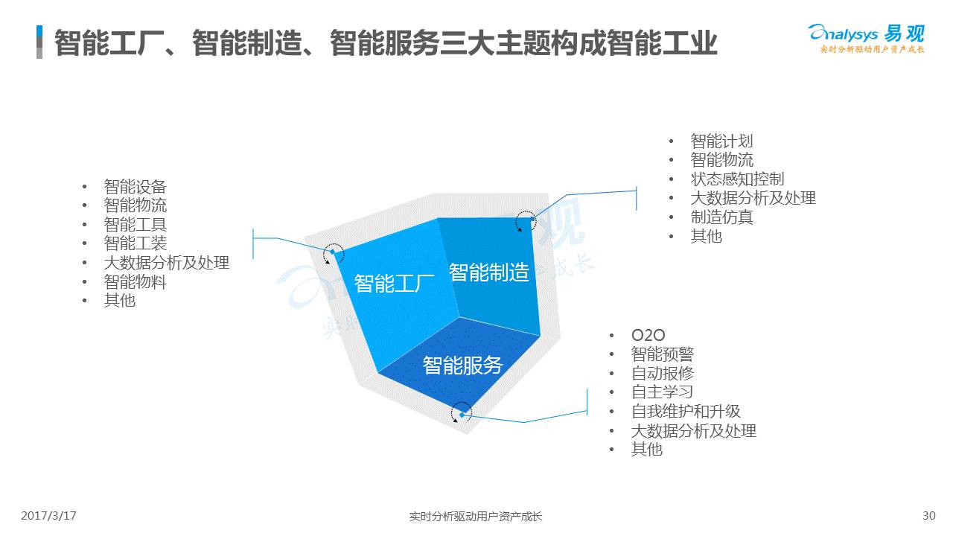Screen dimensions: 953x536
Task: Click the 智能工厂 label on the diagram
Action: [x=394, y=284]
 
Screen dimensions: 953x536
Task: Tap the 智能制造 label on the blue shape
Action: [x=489, y=272]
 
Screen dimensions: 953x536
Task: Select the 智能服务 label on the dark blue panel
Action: [x=462, y=365]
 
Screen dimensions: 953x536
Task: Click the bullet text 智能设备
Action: [x=136, y=187]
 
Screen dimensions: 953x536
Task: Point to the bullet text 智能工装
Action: [x=136, y=243]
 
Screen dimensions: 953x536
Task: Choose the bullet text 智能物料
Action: [x=136, y=281]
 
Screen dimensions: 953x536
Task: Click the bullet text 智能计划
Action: [x=721, y=141]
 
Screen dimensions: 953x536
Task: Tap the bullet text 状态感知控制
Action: [x=737, y=179]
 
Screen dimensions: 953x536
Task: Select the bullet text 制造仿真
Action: [x=721, y=217]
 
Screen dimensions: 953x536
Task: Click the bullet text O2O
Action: [x=648, y=335]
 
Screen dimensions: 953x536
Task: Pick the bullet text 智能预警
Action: [x=663, y=354]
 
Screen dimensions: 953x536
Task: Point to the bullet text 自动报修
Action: [x=663, y=373]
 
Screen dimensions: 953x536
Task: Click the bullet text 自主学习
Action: [x=663, y=392]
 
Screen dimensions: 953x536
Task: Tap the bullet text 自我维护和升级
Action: [x=686, y=412]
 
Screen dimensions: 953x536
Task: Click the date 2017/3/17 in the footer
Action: [x=48, y=516]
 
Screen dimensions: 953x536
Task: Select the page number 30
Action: [x=928, y=516]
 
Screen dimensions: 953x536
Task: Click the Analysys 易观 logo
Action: [x=866, y=39]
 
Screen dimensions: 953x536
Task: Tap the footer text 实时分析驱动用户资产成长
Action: [x=476, y=517]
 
